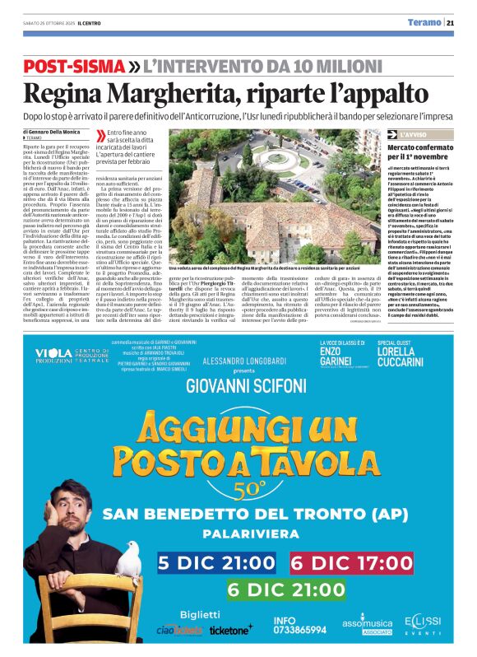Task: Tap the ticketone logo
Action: coord(232,630)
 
